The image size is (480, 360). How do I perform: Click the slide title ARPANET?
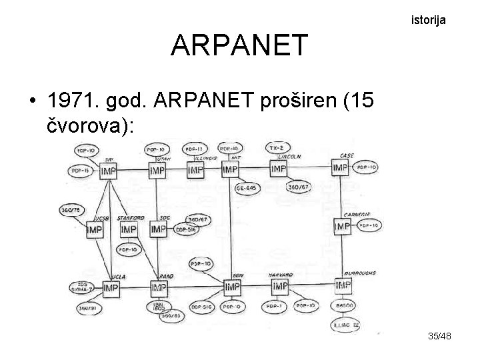[239, 45]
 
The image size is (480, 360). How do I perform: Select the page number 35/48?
[440, 337]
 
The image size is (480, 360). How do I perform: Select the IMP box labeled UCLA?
[111, 288]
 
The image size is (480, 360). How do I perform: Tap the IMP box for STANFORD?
[129, 229]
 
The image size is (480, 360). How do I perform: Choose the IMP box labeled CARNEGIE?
[342, 227]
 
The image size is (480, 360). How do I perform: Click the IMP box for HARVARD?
[280, 287]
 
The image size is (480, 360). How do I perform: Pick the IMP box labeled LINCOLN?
[278, 168]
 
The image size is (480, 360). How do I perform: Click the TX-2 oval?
[274, 147]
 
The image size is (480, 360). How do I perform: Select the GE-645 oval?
[247, 189]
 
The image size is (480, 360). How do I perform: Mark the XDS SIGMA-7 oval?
[82, 287]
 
